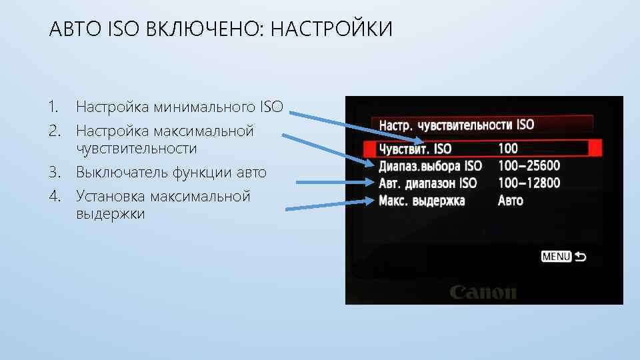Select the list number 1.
point(53,107)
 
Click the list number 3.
point(53,173)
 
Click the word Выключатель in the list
point(122,173)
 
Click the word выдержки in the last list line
point(110,214)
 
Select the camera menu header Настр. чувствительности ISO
point(456,125)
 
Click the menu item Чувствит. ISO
point(415,149)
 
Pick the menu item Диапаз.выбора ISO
point(430,165)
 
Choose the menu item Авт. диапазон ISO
point(427,183)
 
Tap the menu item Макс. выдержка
point(422,200)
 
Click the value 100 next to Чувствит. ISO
point(508,149)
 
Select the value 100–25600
point(529,165)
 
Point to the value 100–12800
point(529,183)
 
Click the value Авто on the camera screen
point(511,200)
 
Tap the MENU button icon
point(556,257)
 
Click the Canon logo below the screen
point(483,293)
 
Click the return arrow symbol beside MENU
point(580,257)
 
